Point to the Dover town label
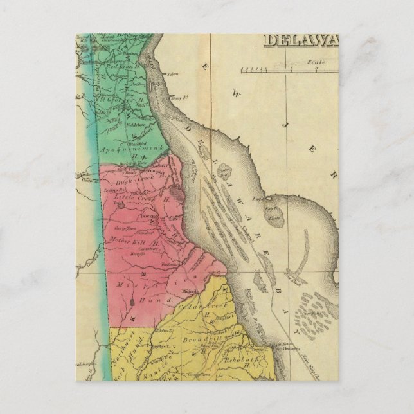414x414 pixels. (x=141, y=217)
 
